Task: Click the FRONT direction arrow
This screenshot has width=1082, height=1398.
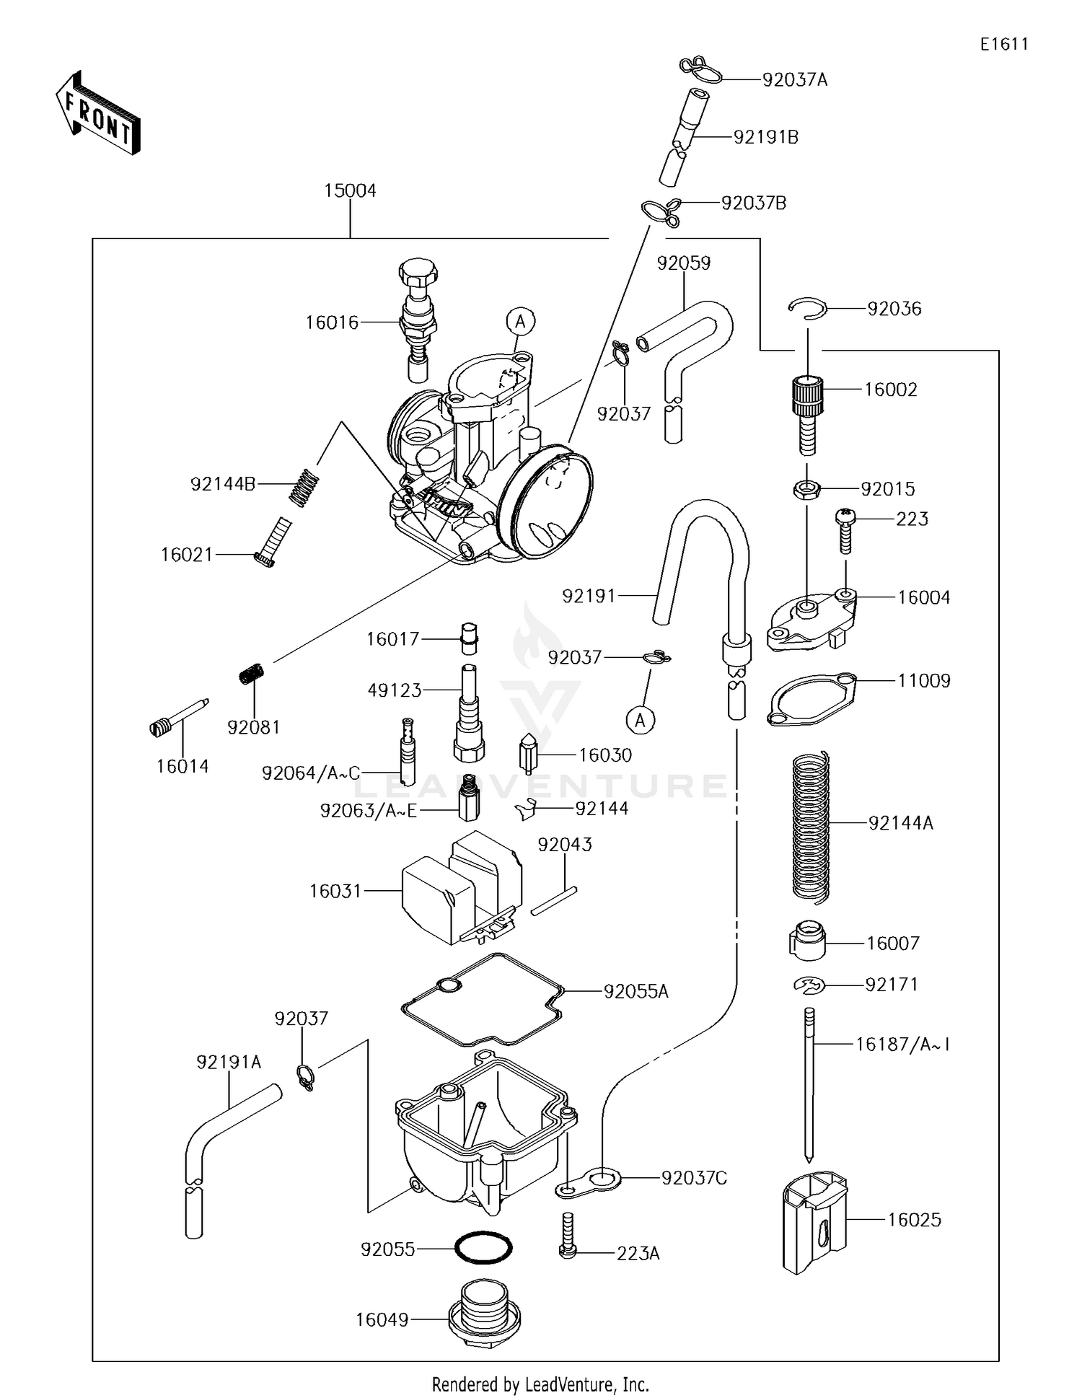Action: [x=97, y=113]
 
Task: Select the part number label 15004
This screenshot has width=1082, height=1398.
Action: [x=350, y=191]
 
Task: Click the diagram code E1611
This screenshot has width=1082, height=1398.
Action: [x=1003, y=44]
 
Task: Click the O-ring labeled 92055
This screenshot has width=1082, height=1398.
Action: [x=483, y=1247]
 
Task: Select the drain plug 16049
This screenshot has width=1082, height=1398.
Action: [x=484, y=1318]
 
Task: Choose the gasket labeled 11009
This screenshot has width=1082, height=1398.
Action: [x=810, y=698]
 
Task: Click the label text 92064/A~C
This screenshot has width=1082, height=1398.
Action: [x=311, y=773]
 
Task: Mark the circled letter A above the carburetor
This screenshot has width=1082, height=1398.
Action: [x=520, y=322]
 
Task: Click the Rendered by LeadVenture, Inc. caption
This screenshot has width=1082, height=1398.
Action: [x=540, y=1384]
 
